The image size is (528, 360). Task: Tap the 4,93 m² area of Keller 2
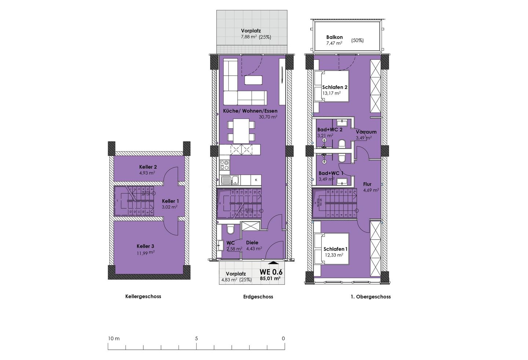tap(147, 173)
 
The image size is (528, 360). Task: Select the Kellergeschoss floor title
tap(143, 297)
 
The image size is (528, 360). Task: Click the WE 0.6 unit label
tap(271, 272)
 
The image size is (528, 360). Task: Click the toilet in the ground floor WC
tap(231, 230)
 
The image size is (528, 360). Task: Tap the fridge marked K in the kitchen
tap(256, 180)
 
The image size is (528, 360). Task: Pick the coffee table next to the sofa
tap(254, 80)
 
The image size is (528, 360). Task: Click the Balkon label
tap(334, 37)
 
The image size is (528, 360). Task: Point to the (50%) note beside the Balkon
tap(357, 40)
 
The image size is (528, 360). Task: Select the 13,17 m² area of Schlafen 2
tap(331, 93)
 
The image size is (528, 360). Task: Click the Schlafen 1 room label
tap(335, 249)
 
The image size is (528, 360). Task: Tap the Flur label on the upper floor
tap(367, 184)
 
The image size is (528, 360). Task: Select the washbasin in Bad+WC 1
tap(342, 181)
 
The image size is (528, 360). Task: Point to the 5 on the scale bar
tap(197, 338)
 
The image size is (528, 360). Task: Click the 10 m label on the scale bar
tap(114, 338)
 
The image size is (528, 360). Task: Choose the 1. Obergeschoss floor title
tap(371, 297)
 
